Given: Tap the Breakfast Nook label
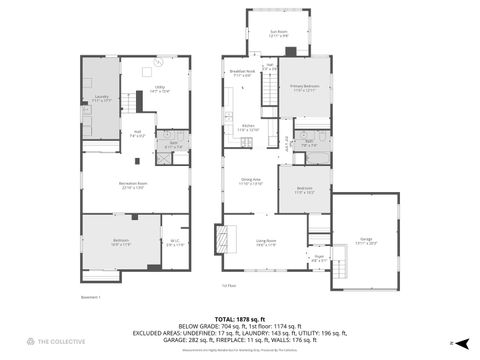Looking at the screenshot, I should click(241, 72).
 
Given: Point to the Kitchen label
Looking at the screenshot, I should click(249, 127).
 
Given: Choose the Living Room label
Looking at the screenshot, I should click(265, 240).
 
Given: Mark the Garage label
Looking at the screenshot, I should click(367, 239).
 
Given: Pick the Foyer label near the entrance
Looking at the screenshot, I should click(319, 260).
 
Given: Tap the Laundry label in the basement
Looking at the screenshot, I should click(102, 97).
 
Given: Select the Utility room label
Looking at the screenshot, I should click(159, 88).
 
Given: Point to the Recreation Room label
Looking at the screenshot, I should click(135, 186).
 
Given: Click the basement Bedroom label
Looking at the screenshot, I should click(120, 241).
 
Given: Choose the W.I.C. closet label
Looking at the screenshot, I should click(174, 241).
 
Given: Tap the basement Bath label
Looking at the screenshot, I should click(173, 146).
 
